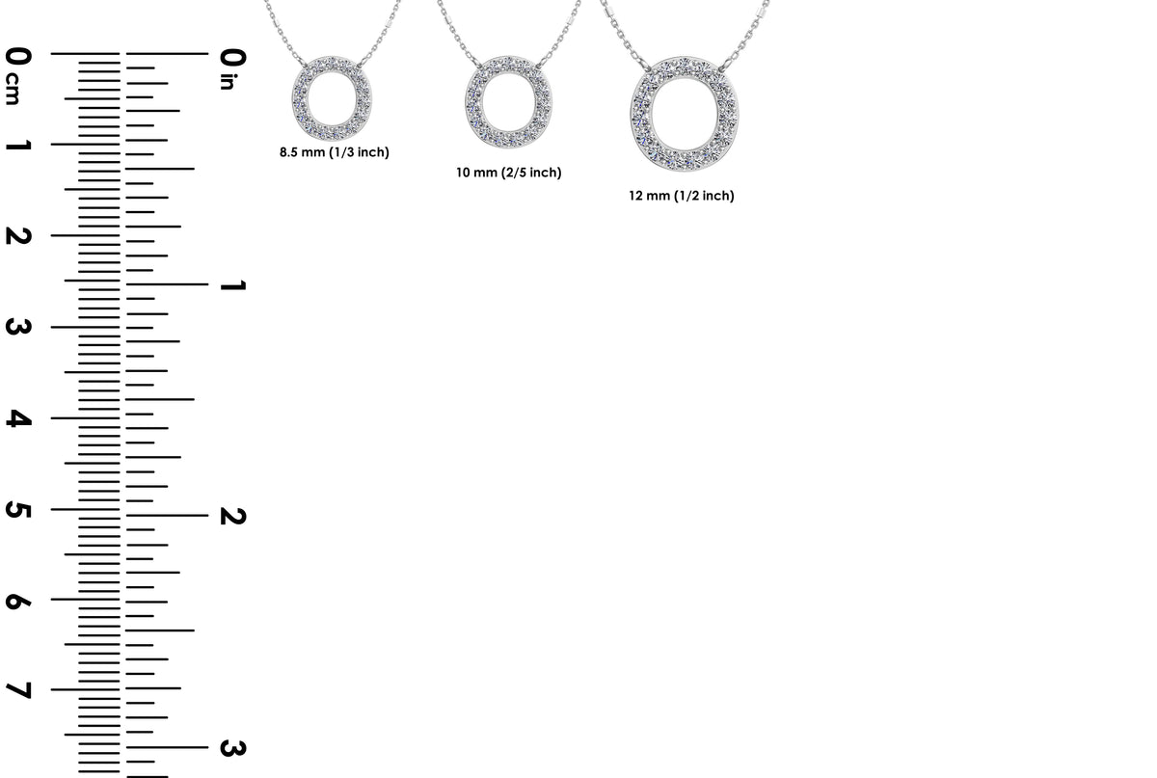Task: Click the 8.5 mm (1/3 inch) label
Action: coord(335,152)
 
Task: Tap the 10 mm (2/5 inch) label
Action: coord(509,173)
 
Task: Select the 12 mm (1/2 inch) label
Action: coord(682,196)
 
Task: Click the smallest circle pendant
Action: coord(332,98)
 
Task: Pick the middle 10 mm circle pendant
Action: coord(509,102)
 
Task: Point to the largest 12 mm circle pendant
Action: coord(685,114)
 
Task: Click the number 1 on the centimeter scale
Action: coord(18,146)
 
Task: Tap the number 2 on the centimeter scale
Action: coord(18,236)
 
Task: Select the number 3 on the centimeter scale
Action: coord(18,327)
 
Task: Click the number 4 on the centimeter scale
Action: coord(18,418)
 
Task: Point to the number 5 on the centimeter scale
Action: coord(18,509)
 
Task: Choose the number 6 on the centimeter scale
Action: coord(18,601)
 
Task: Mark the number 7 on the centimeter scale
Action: coord(18,690)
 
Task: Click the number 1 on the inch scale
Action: coord(233,285)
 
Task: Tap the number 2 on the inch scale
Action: coord(233,516)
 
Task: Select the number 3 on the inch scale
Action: coord(233,747)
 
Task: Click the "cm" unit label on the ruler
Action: coord(13,89)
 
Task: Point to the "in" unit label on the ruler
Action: coord(228,82)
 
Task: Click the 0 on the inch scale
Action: coord(233,58)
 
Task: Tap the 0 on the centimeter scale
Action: coord(18,57)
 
